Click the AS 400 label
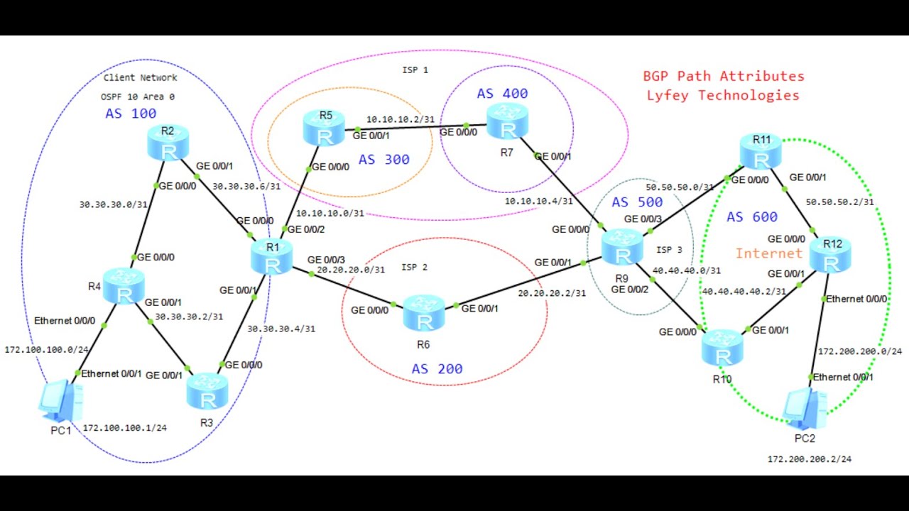[502, 94]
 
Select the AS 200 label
[437, 369]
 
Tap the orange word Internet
[769, 253]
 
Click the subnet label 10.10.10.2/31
[400, 119]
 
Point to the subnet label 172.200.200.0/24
[860, 351]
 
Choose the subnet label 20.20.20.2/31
[552, 292]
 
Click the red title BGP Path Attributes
[724, 76]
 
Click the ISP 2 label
[415, 267]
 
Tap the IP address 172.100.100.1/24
[124, 428]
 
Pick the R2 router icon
[169, 143]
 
